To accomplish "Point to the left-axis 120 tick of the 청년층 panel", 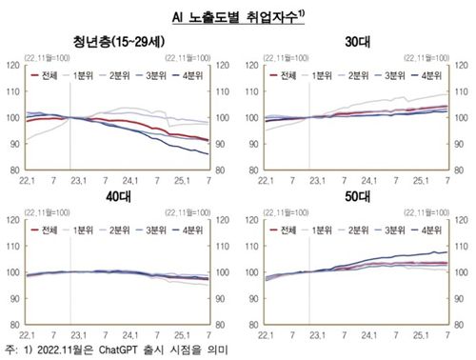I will coord(12,66).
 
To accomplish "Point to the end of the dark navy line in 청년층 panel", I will coord(208,154).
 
